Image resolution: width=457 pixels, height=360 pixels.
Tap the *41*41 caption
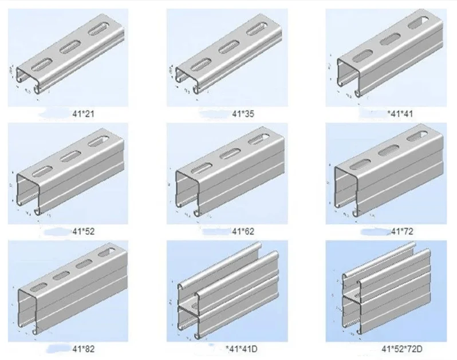(x=400, y=114)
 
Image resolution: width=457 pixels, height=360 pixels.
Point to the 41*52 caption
(x=84, y=231)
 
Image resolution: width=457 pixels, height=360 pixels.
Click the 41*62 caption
(x=242, y=231)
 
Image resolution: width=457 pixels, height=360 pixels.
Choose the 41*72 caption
(x=401, y=231)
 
